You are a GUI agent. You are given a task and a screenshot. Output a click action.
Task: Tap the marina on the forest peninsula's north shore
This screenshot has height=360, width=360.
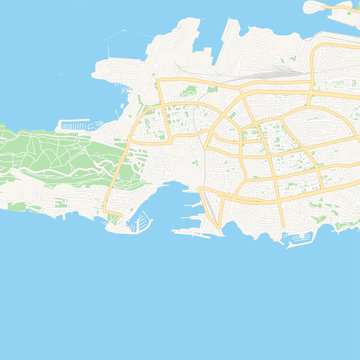tap(73, 126)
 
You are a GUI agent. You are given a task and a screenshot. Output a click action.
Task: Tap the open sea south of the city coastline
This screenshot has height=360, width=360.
tap(180, 300)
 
